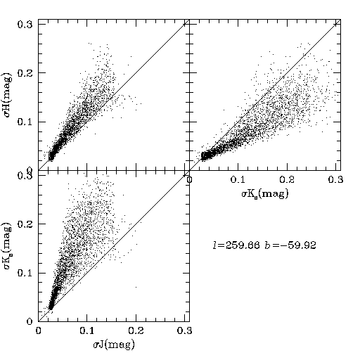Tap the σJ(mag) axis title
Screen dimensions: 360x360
(114, 345)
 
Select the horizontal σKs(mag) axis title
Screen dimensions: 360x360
(265, 194)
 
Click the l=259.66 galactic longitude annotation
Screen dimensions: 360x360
(236, 245)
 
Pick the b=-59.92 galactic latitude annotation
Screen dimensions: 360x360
(290, 245)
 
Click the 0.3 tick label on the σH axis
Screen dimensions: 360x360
(25, 25)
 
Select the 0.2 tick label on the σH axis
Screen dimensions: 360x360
(25, 73)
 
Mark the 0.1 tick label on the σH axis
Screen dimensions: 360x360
(25, 122)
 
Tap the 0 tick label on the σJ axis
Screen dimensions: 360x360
(38, 330)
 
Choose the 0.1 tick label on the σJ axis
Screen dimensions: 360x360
(87, 330)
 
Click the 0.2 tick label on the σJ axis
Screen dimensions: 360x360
(136, 330)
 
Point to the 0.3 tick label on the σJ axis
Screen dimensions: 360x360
(185, 330)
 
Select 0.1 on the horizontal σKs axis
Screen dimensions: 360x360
(238, 180)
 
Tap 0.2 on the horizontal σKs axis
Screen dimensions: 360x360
(287, 180)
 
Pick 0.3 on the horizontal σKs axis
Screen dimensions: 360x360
(336, 180)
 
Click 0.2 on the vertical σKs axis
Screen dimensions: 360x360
(25, 224)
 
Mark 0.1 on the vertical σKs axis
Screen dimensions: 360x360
(25, 274)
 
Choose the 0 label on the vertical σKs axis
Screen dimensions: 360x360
(30, 321)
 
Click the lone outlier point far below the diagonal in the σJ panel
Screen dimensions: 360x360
(136, 287)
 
